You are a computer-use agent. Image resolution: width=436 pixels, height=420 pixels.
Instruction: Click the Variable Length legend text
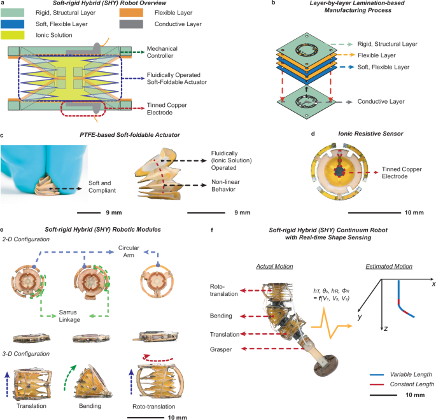pos(397,374)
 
